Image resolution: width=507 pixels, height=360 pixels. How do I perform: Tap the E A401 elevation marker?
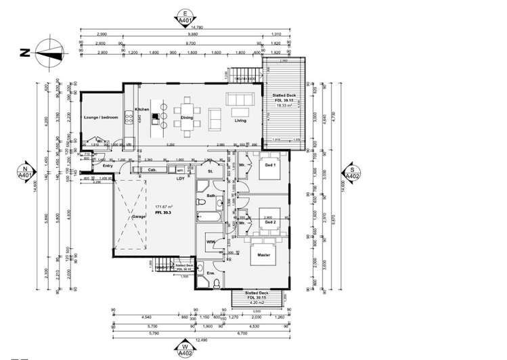point(183,16)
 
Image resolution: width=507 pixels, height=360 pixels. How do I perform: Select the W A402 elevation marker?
point(183,348)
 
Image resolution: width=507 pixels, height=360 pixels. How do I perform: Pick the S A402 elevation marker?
point(352,173)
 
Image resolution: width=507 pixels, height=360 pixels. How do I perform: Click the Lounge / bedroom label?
point(101,118)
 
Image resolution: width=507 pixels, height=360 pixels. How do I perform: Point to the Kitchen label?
point(141,109)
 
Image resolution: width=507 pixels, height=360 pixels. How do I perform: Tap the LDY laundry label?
point(180,179)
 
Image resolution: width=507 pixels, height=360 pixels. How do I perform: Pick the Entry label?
point(108,165)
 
